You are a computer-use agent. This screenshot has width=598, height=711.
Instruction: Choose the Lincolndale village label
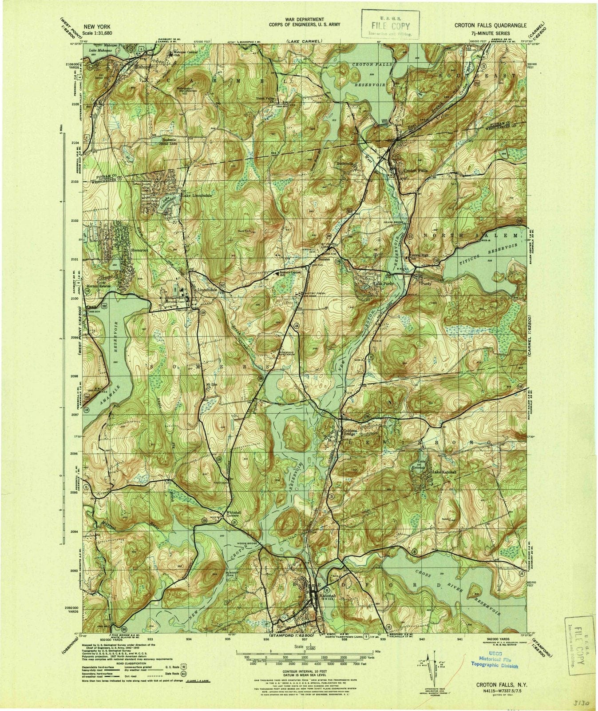207,290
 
